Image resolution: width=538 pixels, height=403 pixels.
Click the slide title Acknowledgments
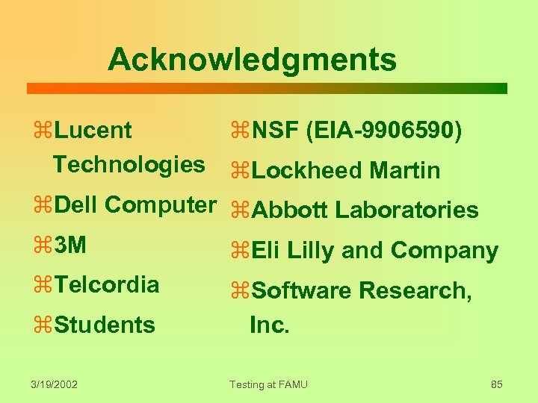pos(252,59)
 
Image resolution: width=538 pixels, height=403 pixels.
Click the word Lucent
pos(93,131)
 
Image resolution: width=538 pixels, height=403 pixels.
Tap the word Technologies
pos(129,164)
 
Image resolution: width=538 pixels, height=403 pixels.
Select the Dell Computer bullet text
pos(134,204)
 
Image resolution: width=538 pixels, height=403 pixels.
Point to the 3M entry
pos(71,244)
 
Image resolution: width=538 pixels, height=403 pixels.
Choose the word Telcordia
pos(107,284)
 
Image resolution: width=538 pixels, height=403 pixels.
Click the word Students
pos(105,325)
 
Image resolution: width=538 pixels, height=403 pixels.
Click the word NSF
pos(276,131)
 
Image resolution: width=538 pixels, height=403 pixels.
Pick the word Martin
pos(405,171)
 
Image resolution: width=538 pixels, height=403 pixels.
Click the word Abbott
pos(291,210)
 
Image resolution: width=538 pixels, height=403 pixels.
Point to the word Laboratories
pos(406,210)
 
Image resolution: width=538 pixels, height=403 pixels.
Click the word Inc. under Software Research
pos(269,325)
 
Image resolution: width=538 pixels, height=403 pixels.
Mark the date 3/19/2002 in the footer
pos(55,384)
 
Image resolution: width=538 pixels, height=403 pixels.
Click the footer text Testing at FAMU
pos(268,384)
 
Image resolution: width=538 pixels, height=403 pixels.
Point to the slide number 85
pos(497,384)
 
